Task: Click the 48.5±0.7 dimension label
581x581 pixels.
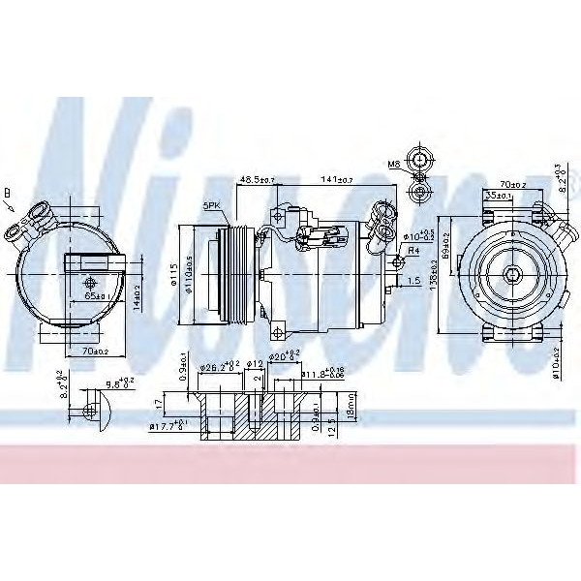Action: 257,180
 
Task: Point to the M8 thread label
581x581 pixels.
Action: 394,166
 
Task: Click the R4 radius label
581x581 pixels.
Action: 413,251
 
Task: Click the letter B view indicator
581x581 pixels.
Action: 9,193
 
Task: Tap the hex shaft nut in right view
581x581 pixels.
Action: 509,277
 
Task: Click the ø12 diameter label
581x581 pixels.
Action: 255,364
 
